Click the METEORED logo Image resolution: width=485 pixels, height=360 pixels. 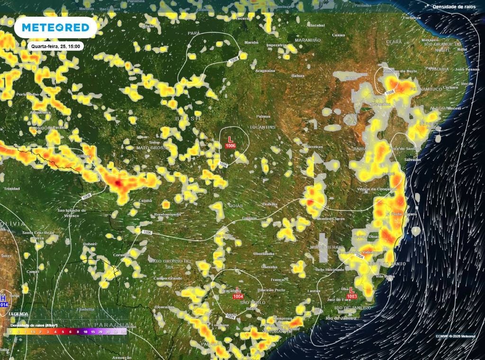pos(55,27)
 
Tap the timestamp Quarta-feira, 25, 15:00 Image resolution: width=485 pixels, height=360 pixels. pos(56,46)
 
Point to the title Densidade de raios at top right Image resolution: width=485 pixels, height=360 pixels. pos(454,7)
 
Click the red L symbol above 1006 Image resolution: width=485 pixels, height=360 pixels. pos(231,139)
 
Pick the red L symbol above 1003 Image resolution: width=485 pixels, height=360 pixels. pos(351,289)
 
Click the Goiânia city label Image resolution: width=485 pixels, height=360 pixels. pos(249,218)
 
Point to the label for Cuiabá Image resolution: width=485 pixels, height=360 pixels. pos(145,200)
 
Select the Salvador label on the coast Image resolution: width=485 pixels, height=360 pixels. pos(413,160)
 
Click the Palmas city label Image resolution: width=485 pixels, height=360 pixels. pos(263,116)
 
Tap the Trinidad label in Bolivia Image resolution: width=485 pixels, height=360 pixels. pos(11,189)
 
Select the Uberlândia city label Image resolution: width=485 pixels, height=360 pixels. pos(264,253)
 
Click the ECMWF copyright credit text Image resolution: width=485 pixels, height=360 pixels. pos(455,336)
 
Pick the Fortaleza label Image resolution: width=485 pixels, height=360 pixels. pos(411,18)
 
